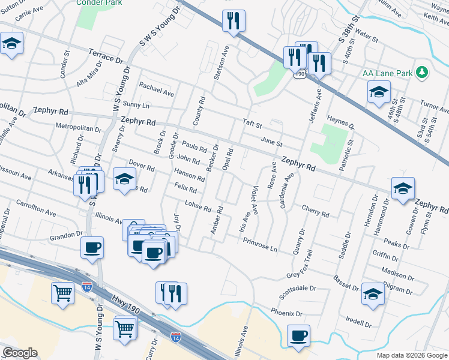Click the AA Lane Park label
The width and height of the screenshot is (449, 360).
tap(388, 73)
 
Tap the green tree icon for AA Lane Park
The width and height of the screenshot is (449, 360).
tap(423, 73)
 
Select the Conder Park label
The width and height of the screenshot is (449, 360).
tap(98, 2)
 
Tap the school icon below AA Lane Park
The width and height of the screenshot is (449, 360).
tap(378, 92)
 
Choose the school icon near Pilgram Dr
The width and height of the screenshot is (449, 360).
tap(372, 294)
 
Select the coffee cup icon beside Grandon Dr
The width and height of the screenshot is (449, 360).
tap(92, 247)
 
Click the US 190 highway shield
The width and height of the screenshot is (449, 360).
tap(300, 73)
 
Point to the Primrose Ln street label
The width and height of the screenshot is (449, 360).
tap(261, 244)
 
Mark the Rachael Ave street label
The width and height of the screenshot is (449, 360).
tap(156, 89)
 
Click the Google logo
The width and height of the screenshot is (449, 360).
tap(20, 353)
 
